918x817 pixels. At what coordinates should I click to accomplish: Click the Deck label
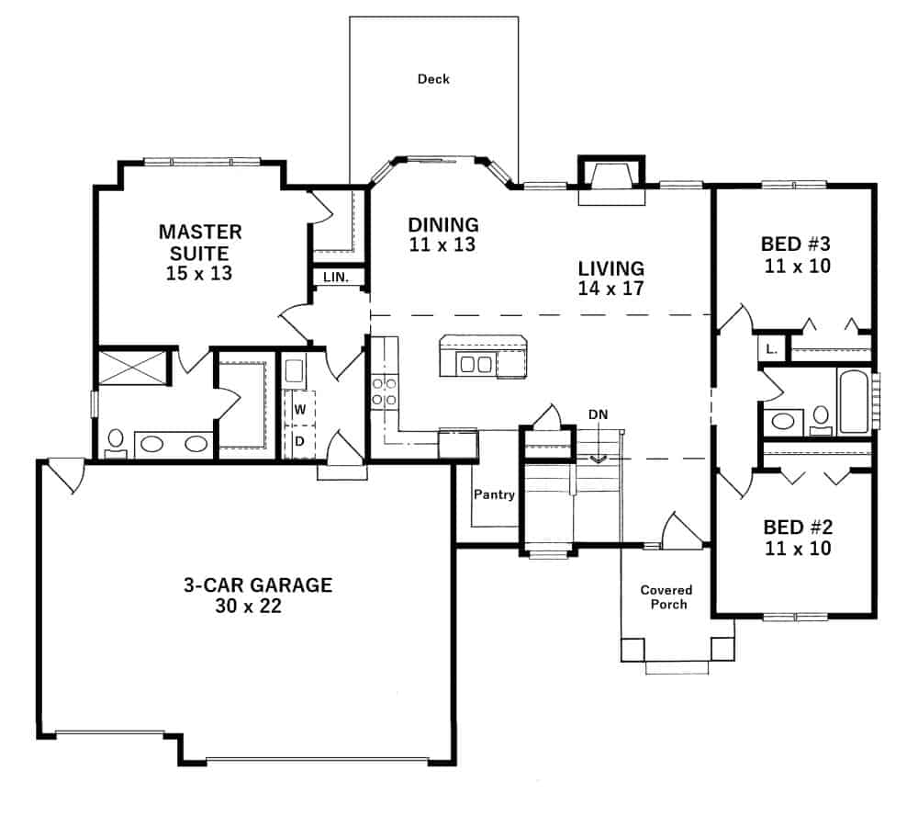pyautogui.click(x=433, y=79)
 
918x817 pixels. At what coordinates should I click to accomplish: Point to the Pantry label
pyautogui.click(x=494, y=494)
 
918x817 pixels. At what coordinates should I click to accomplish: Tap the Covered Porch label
pyautogui.click(x=666, y=596)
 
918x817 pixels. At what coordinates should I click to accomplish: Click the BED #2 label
pyautogui.click(x=797, y=528)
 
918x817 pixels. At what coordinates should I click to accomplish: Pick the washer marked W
pyautogui.click(x=298, y=407)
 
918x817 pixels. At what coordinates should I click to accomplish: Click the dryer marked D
pyautogui.click(x=298, y=440)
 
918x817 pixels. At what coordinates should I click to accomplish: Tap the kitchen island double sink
pyautogui.click(x=475, y=364)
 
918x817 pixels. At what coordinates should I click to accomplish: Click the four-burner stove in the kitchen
pyautogui.click(x=383, y=392)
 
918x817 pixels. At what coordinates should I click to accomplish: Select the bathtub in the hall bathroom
pyautogui.click(x=853, y=401)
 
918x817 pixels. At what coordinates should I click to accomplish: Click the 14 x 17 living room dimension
pyautogui.click(x=610, y=288)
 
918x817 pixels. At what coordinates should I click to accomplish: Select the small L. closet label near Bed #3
pyautogui.click(x=769, y=348)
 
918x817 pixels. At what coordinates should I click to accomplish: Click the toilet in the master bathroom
pyautogui.click(x=116, y=443)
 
